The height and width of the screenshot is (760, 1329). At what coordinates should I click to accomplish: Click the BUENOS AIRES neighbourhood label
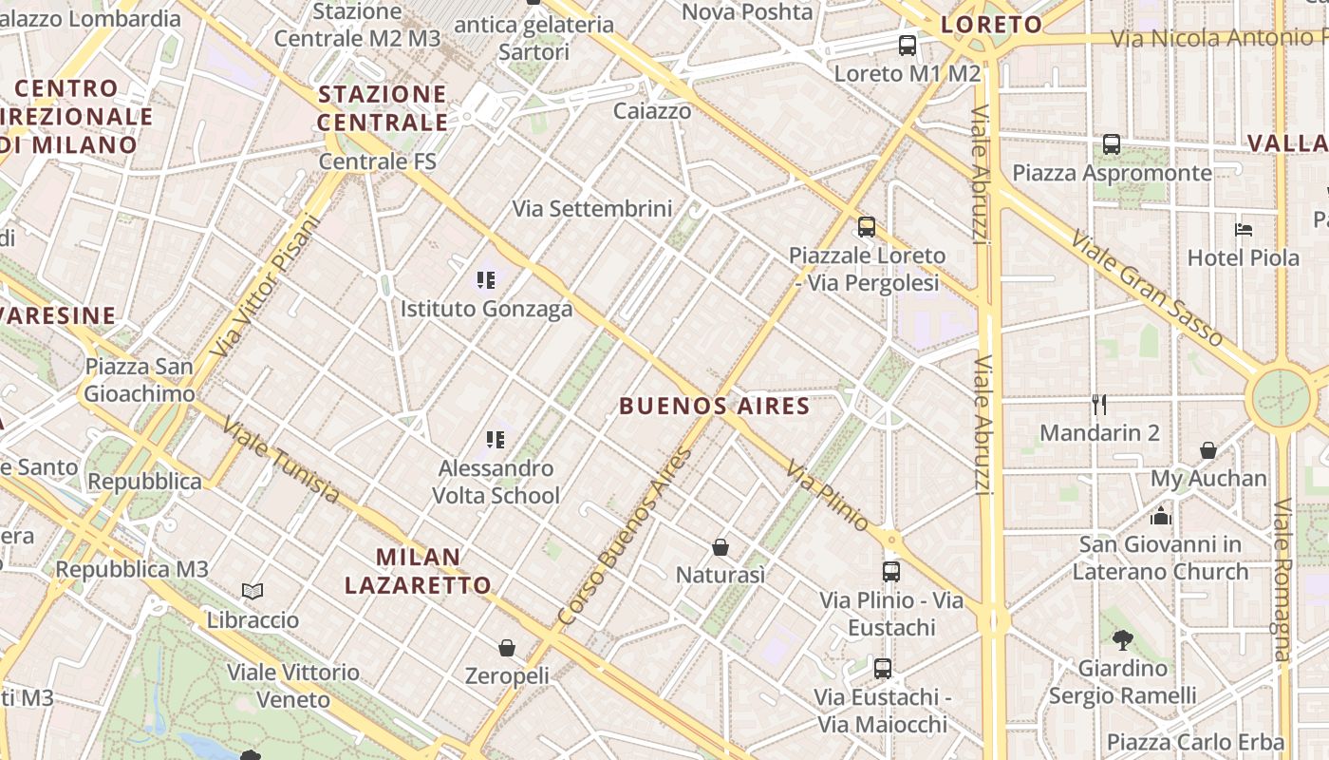[x=714, y=407]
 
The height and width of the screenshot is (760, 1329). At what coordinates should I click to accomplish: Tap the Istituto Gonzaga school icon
[x=486, y=280]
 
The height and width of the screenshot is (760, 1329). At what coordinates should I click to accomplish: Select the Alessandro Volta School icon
[x=495, y=439]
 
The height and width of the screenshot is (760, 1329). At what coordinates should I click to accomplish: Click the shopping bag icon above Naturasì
[x=721, y=547]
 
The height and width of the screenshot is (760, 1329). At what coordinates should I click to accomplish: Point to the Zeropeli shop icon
[x=507, y=648]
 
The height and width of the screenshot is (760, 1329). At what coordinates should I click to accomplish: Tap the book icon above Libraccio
[x=252, y=592]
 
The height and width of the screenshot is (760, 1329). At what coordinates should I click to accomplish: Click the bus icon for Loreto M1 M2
[x=908, y=45]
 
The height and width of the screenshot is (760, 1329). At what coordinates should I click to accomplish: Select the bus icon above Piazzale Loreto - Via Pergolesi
[x=866, y=227]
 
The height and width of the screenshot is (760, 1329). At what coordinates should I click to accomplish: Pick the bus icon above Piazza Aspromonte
[x=1112, y=144]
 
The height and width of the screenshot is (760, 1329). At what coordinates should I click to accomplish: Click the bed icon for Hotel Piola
[x=1244, y=230]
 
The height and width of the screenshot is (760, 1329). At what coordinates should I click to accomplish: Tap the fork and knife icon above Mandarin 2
[x=1099, y=405]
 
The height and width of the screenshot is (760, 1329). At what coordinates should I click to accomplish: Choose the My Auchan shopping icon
[x=1208, y=450]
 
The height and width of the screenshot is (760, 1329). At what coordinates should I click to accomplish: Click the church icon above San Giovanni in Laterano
[x=1160, y=516]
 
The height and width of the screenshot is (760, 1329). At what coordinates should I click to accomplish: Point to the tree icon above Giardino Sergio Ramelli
[x=1122, y=639]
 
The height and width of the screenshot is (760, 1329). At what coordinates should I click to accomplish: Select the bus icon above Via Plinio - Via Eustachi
[x=890, y=572]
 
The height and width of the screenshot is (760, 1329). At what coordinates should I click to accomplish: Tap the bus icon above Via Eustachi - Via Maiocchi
[x=883, y=669]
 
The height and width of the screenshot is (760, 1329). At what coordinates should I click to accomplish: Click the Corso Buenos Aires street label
[x=627, y=536]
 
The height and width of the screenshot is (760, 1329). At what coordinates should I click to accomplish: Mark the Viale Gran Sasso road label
[x=1146, y=287]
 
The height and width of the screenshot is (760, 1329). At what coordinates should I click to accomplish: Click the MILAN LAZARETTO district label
[x=418, y=571]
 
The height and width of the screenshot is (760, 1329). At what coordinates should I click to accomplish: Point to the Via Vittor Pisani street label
[x=267, y=286]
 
